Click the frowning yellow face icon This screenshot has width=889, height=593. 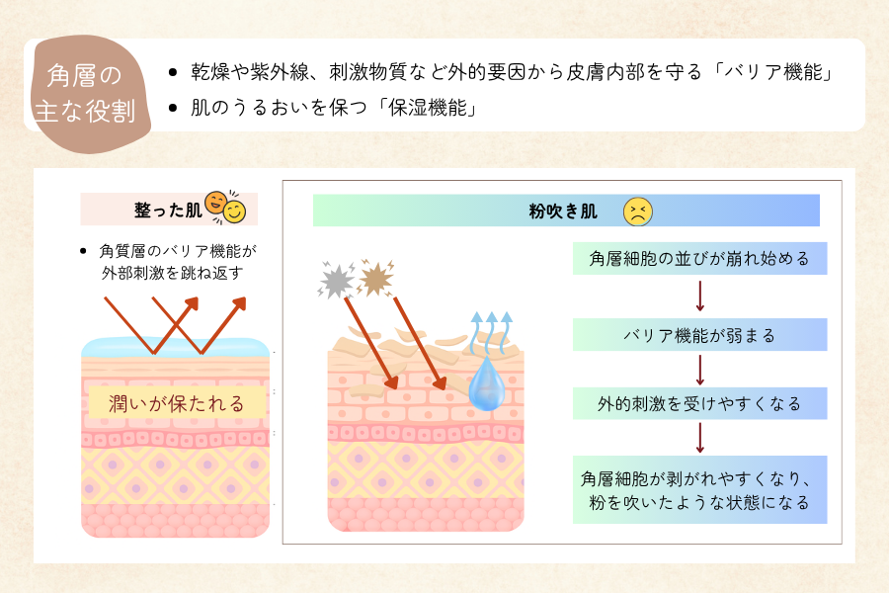pyautogui.click(x=638, y=211)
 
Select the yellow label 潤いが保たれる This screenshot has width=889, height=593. pyautogui.click(x=177, y=402)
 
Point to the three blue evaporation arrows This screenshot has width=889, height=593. pyautogui.click(x=492, y=330)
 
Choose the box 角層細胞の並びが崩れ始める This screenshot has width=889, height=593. pyautogui.click(x=699, y=259)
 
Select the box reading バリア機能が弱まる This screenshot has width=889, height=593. pyautogui.click(x=699, y=335)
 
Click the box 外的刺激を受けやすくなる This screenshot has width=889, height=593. pyautogui.click(x=699, y=403)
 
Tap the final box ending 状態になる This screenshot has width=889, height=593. pyautogui.click(x=699, y=489)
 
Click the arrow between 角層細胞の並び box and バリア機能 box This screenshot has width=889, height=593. pyautogui.click(x=699, y=296)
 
